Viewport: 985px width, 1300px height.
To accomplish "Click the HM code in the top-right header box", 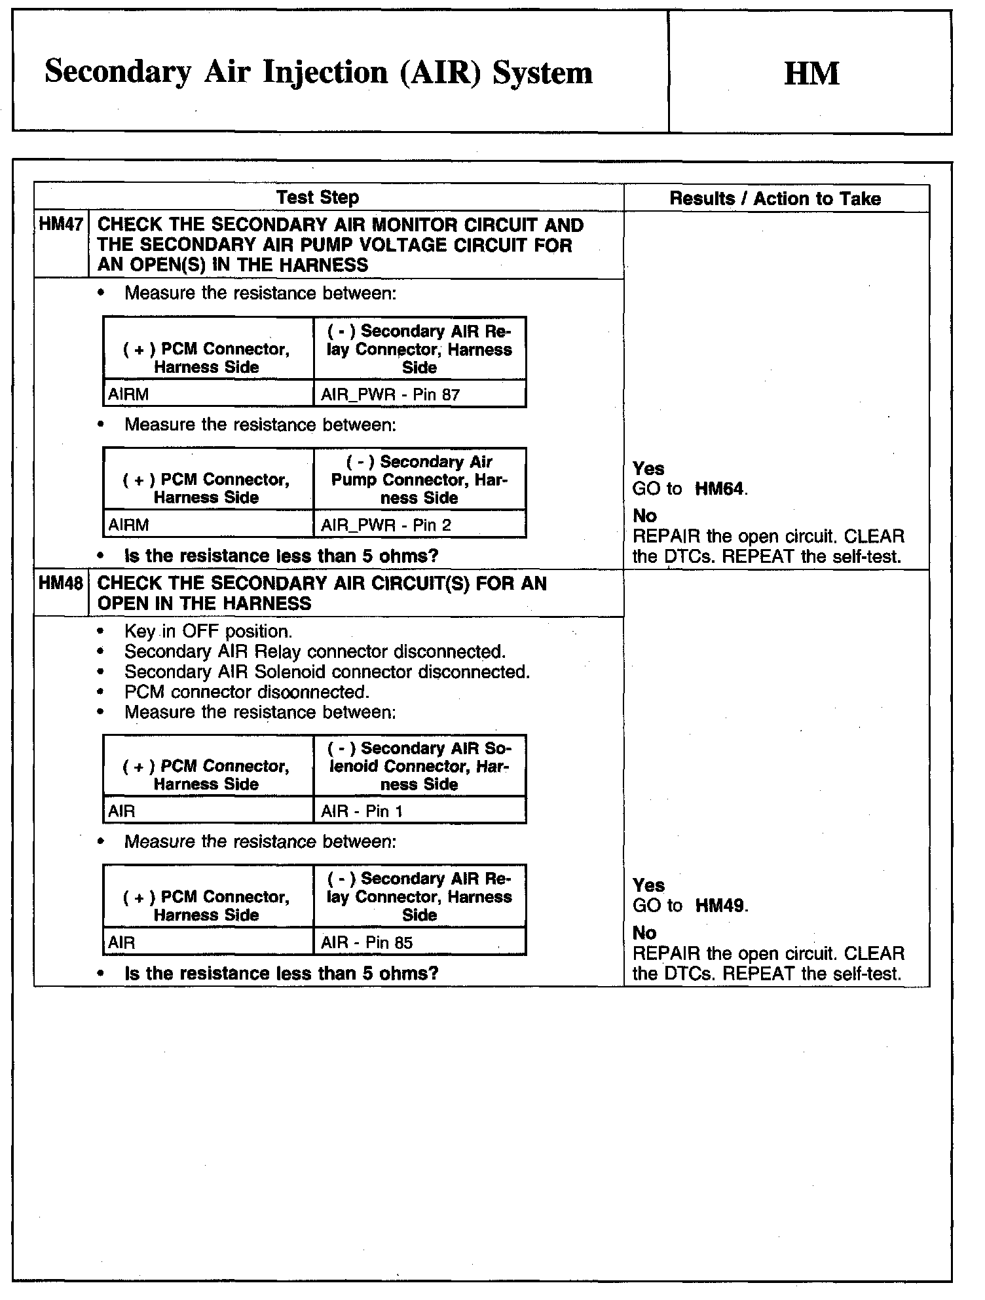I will click(811, 73).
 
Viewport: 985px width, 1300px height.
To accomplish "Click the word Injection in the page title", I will click(325, 72).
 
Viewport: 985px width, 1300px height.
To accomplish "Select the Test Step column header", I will click(318, 197).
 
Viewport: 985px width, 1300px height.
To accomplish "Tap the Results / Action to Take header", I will click(775, 199).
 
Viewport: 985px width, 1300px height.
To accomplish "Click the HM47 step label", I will click(61, 225).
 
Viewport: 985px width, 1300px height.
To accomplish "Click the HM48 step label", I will click(61, 583).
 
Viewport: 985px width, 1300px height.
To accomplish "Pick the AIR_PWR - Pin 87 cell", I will click(390, 394).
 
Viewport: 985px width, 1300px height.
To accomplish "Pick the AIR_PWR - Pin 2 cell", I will click(386, 525).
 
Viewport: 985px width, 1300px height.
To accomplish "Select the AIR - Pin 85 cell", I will click(367, 942).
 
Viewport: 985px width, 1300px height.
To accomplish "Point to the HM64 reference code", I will click(720, 489).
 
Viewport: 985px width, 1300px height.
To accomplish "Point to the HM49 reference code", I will click(720, 906).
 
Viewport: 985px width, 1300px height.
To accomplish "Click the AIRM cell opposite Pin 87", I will click(128, 394).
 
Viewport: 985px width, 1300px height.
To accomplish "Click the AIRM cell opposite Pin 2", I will click(128, 525).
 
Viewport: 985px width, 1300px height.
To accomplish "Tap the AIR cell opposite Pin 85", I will click(122, 942).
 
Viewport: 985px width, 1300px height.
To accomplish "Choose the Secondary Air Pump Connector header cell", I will click(419, 480).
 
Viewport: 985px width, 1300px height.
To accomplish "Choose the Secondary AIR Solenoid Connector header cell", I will click(419, 766).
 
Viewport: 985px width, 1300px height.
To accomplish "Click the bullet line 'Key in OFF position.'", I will click(208, 632).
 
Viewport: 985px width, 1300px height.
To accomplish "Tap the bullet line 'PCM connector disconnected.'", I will click(247, 692).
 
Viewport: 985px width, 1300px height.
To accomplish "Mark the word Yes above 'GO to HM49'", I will click(648, 886).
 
